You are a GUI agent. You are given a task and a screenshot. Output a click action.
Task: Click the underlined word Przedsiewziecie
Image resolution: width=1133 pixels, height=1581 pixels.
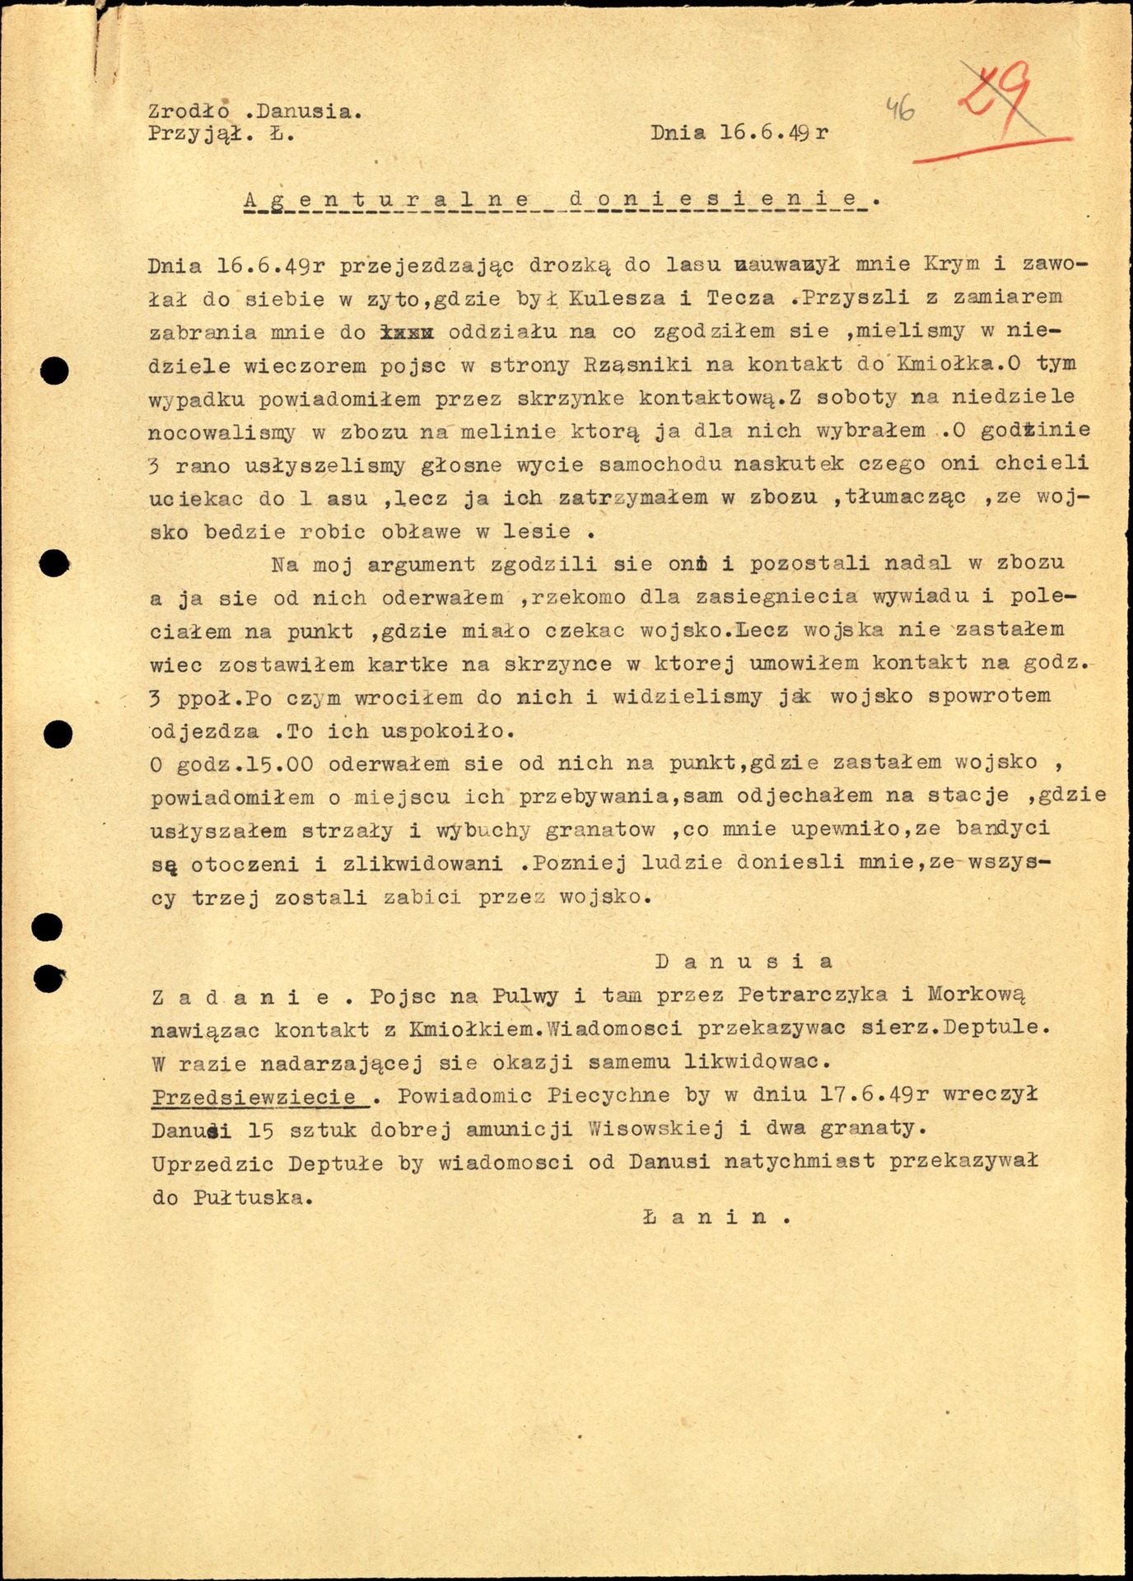coord(254,1096)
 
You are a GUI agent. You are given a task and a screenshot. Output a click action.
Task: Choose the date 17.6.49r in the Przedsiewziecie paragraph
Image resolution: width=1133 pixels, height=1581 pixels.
coord(875,1095)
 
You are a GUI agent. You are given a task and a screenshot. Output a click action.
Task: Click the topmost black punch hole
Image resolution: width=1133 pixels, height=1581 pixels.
coord(55,371)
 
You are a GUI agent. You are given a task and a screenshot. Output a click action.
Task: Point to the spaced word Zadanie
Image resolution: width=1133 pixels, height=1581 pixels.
coord(241,996)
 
